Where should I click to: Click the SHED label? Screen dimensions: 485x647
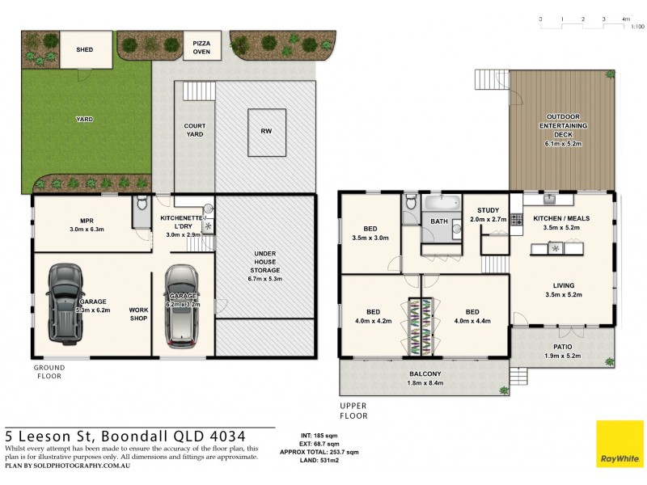click(x=84, y=49)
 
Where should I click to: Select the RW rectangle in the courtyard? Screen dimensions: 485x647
click(x=266, y=131)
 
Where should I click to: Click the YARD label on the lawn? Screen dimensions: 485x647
click(x=84, y=119)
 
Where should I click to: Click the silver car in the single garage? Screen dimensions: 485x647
click(x=182, y=305)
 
